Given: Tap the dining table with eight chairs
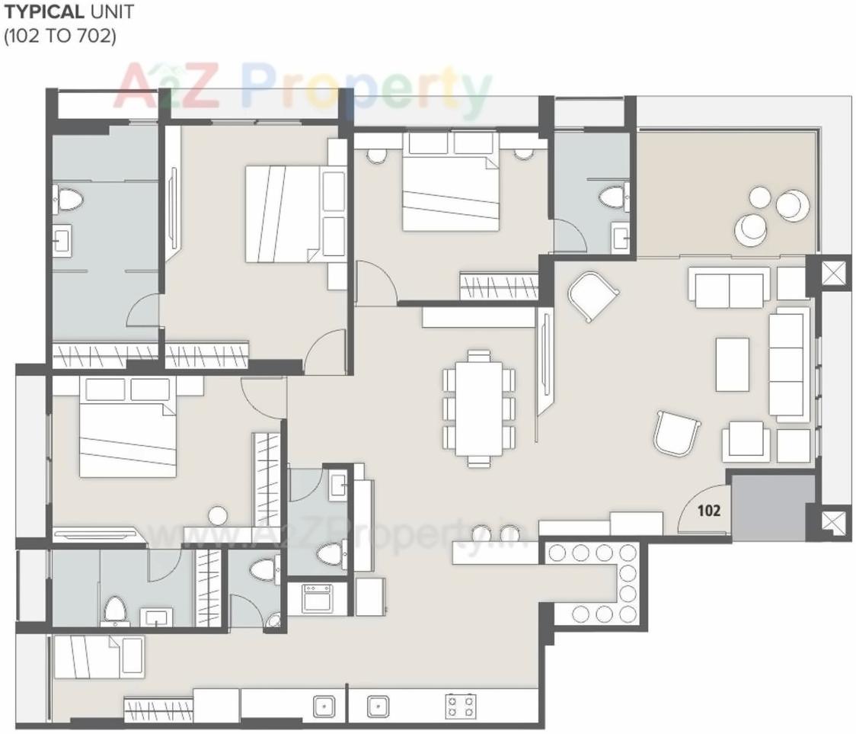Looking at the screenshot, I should (x=479, y=408).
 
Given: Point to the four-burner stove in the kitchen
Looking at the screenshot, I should (x=461, y=706).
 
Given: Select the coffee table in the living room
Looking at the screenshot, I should (x=733, y=364).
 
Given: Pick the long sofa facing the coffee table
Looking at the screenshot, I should (x=788, y=364).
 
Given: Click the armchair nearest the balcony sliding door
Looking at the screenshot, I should (x=592, y=296).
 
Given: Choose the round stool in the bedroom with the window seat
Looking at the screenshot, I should (x=219, y=515).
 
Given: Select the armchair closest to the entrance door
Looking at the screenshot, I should (x=676, y=433).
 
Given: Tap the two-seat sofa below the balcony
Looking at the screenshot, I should (x=727, y=287).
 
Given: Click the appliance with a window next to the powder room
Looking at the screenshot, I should (x=315, y=598).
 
